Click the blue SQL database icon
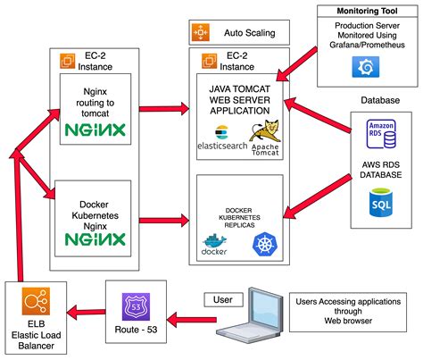(380, 204)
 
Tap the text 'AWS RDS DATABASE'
(380, 170)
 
